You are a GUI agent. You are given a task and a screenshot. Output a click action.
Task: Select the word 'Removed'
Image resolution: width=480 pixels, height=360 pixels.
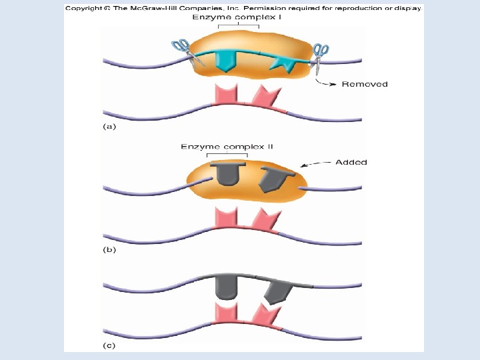(365, 84)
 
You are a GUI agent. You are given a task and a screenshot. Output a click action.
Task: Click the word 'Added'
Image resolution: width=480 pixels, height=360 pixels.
(351, 162)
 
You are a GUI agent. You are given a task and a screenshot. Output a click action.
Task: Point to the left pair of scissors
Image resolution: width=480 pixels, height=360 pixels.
(183, 51)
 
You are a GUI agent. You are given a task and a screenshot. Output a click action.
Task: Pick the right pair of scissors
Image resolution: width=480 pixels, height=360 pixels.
(320, 53)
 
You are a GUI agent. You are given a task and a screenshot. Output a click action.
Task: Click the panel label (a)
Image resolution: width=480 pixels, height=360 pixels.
(109, 125)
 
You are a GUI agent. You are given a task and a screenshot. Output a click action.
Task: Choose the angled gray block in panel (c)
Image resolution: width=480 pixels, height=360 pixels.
(277, 289)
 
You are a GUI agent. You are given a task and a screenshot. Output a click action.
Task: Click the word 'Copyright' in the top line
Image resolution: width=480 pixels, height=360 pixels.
(84, 7)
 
